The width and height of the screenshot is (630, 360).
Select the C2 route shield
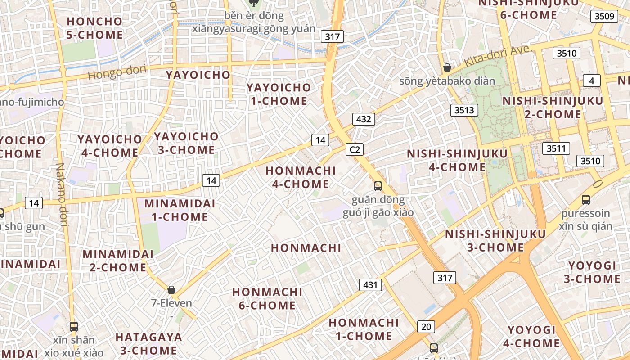click(355, 149)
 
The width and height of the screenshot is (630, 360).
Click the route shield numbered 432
click(363, 119)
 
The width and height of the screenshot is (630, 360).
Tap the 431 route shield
click(370, 284)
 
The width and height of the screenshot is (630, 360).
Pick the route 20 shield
click(426, 327)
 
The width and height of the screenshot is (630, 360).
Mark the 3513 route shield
click(464, 110)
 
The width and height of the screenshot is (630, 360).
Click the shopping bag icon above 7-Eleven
click(171, 289)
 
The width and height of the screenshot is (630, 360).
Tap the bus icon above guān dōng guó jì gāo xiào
click(378, 186)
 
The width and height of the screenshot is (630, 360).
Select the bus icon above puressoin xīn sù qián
click(586, 199)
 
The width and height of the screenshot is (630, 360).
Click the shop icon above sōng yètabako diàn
click(447, 67)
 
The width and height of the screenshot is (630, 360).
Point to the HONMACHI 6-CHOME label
click(267, 298)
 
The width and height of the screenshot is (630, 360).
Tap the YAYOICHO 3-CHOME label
click(186, 143)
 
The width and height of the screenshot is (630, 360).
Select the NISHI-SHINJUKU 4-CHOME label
click(457, 161)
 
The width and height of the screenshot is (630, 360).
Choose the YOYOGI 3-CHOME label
click(592, 272)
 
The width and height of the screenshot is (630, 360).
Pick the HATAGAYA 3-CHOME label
click(148, 343)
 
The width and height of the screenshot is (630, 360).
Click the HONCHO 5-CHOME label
click(94, 28)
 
